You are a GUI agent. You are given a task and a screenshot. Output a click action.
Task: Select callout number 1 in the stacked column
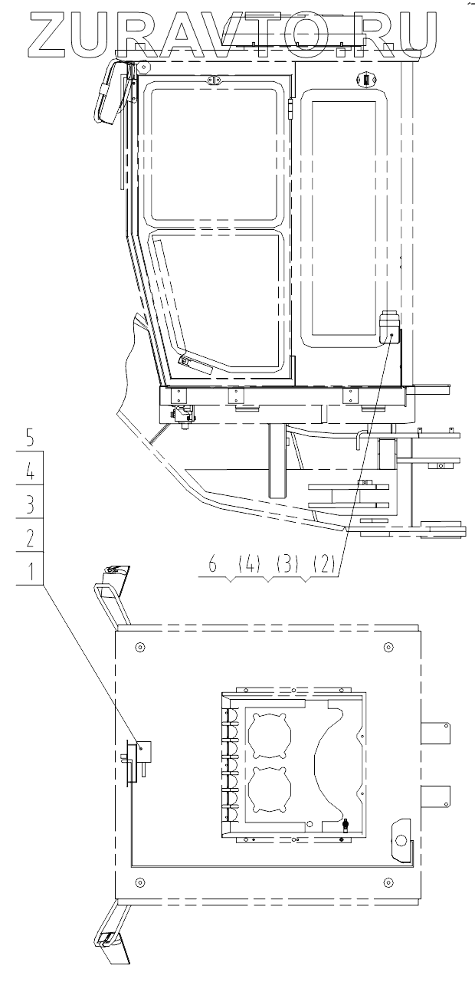click(29, 570)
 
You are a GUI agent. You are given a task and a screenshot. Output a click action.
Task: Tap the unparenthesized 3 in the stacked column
click(29, 504)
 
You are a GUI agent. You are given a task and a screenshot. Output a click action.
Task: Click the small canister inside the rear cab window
click(388, 327)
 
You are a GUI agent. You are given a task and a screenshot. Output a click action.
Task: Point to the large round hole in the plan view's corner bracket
click(399, 840)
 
